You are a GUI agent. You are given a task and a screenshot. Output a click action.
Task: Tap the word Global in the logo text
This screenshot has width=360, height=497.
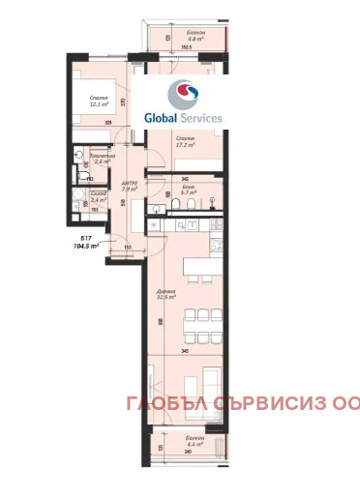(x=162, y=118)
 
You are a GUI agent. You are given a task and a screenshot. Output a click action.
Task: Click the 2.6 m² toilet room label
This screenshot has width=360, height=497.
(x=101, y=160)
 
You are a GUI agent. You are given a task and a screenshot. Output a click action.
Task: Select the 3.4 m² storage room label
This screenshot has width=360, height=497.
(x=100, y=197)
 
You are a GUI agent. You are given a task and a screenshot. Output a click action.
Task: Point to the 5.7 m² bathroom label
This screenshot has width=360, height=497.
(x=188, y=189)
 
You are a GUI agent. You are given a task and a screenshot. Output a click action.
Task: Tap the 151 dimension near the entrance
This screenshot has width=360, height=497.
(x=127, y=247)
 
